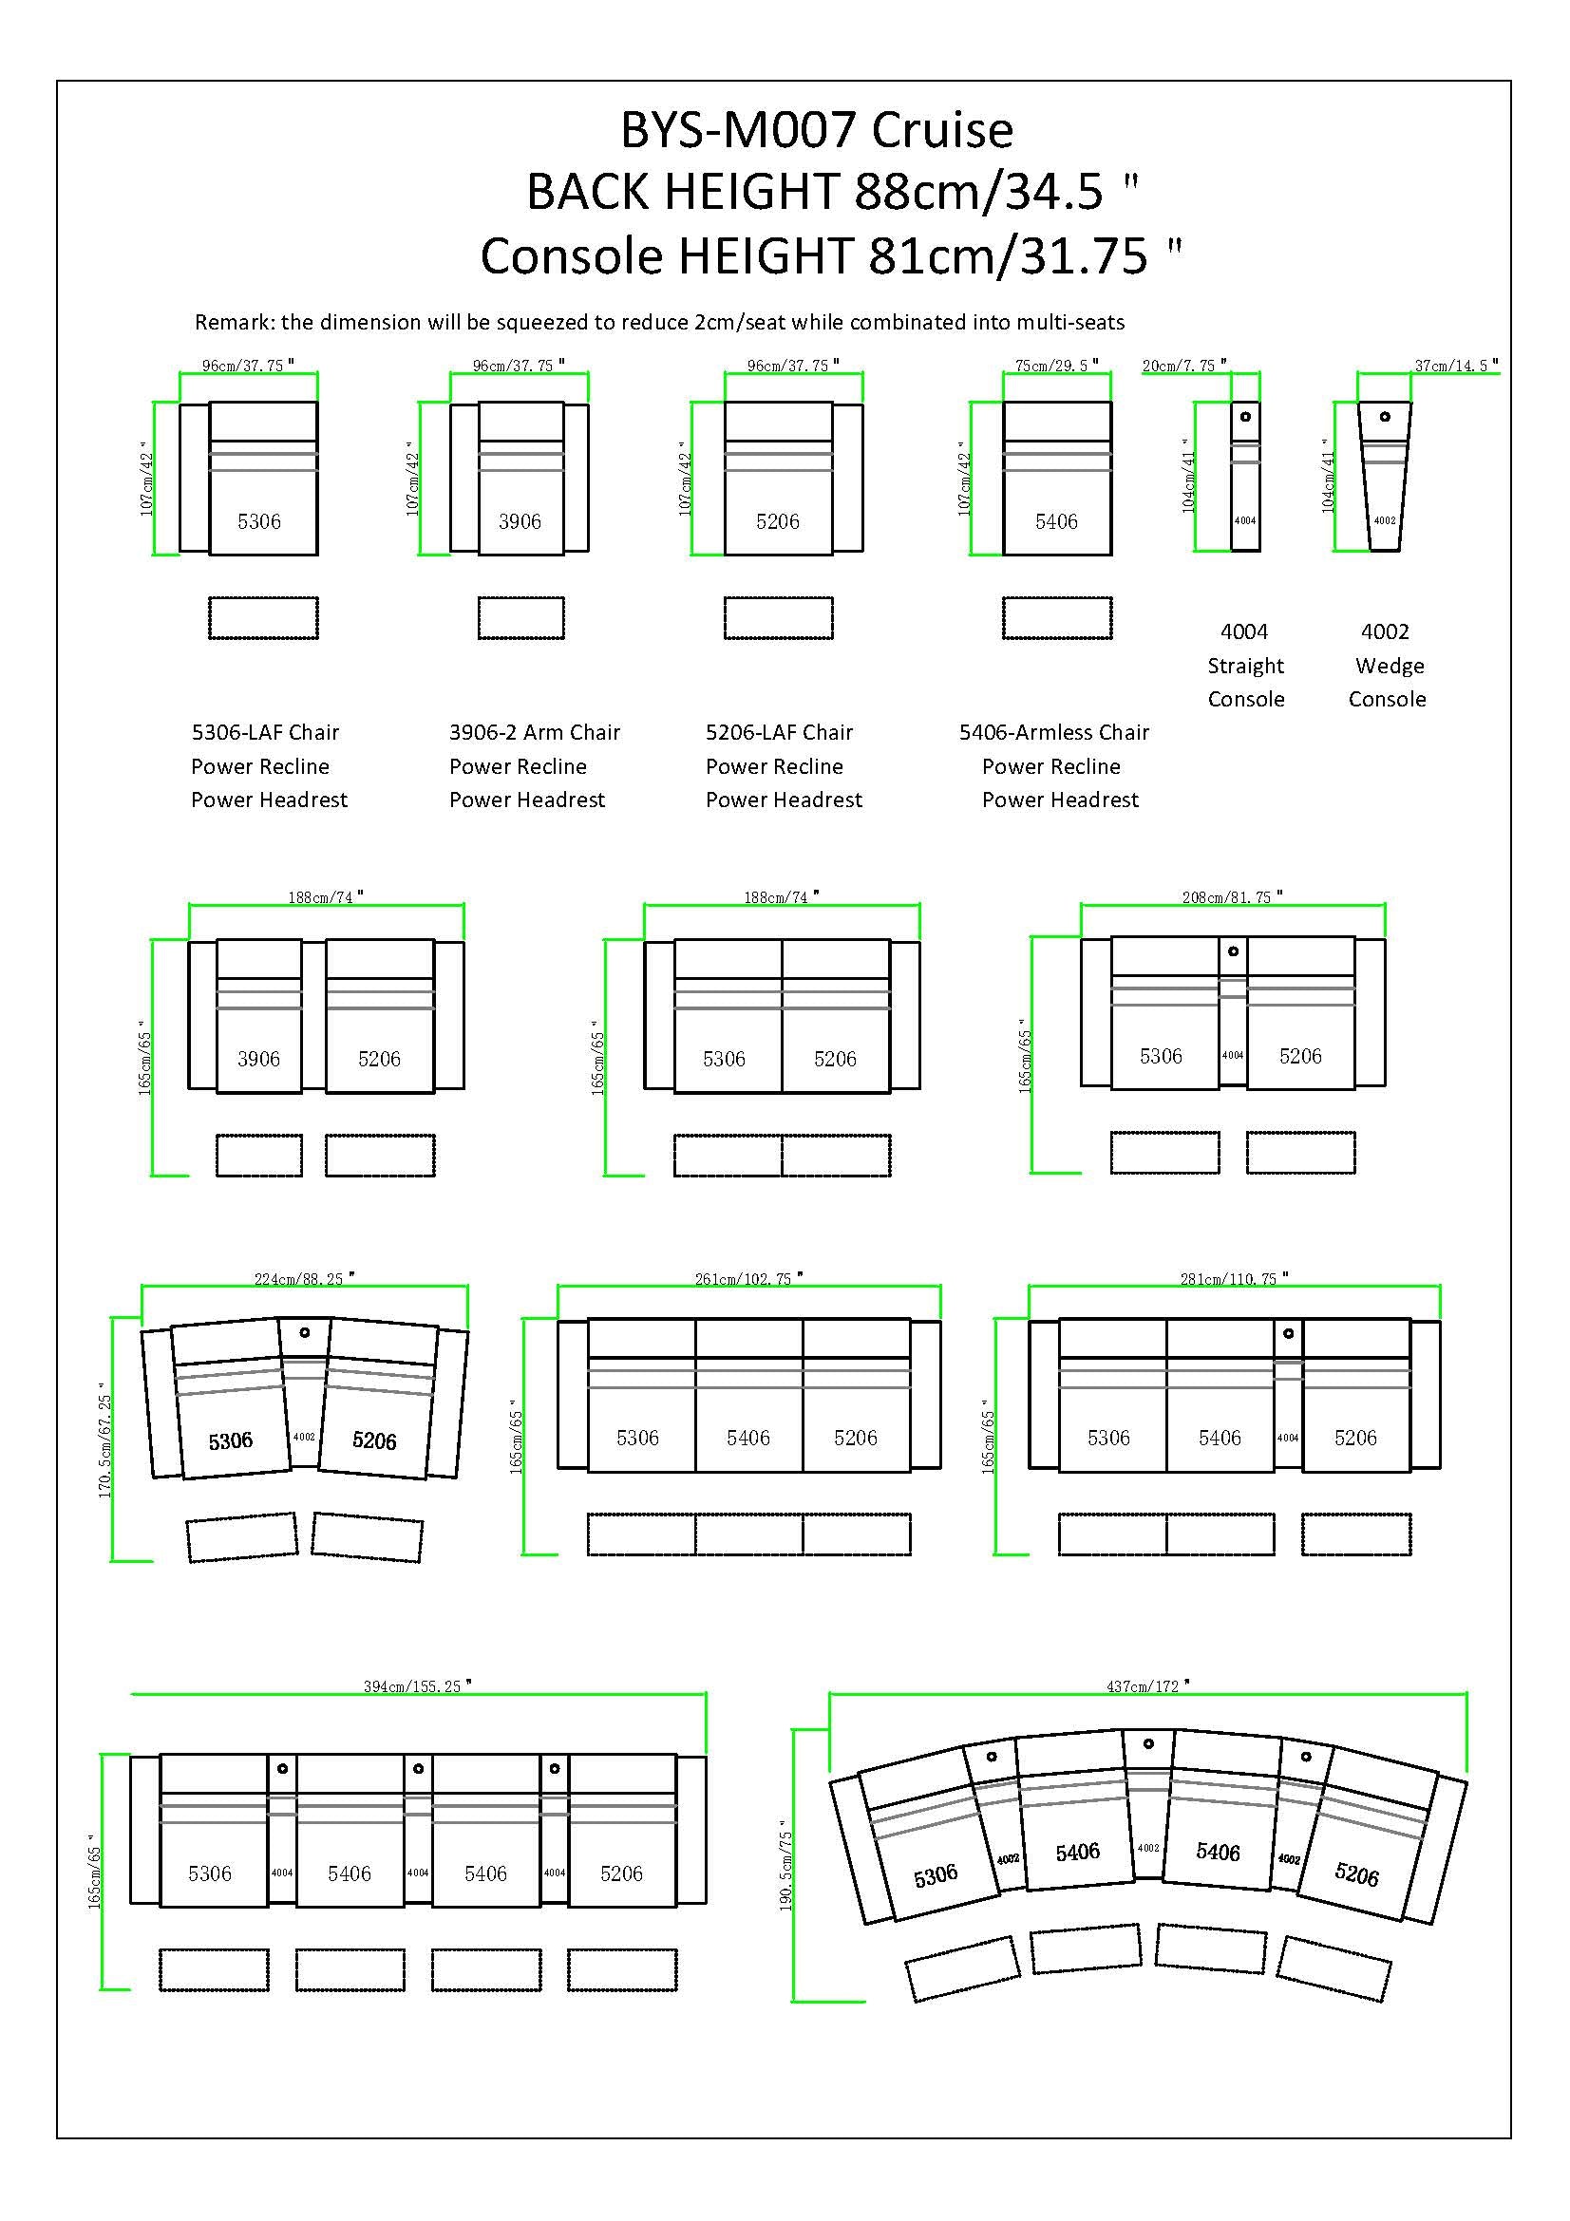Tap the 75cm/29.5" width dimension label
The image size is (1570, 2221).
pos(1052,366)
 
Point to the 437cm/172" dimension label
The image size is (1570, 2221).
pos(1147,1686)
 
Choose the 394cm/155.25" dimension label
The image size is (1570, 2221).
pos(417,1686)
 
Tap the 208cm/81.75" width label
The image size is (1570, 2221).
pos(1232,897)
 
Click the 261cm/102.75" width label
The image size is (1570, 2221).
pos(747,1279)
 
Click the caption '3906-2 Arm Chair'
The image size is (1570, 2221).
pos(534,732)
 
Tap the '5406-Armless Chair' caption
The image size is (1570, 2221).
pos(1053,732)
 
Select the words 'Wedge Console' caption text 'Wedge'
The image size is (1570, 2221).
pos(1390,666)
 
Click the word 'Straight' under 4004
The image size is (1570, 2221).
pos(1245,666)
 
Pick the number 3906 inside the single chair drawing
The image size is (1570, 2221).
pos(520,522)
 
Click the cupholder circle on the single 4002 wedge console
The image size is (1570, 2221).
pos(1385,417)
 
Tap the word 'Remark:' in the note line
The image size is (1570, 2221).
pos(234,322)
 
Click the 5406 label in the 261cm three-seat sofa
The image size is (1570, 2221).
pos(747,1439)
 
